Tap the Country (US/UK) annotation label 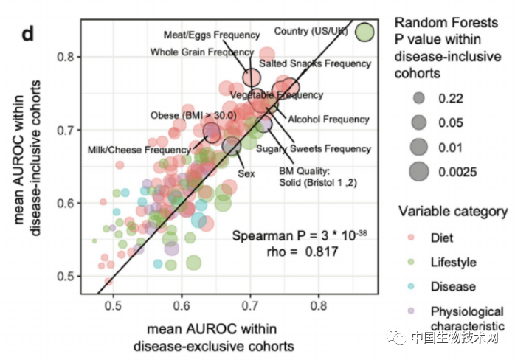click(x=311, y=31)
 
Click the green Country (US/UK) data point click(x=365, y=32)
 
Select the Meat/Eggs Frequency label click(x=212, y=35)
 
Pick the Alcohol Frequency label click(x=328, y=119)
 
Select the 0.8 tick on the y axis click(x=71, y=57)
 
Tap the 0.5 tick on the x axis click(x=114, y=303)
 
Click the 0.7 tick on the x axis click(x=251, y=303)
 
